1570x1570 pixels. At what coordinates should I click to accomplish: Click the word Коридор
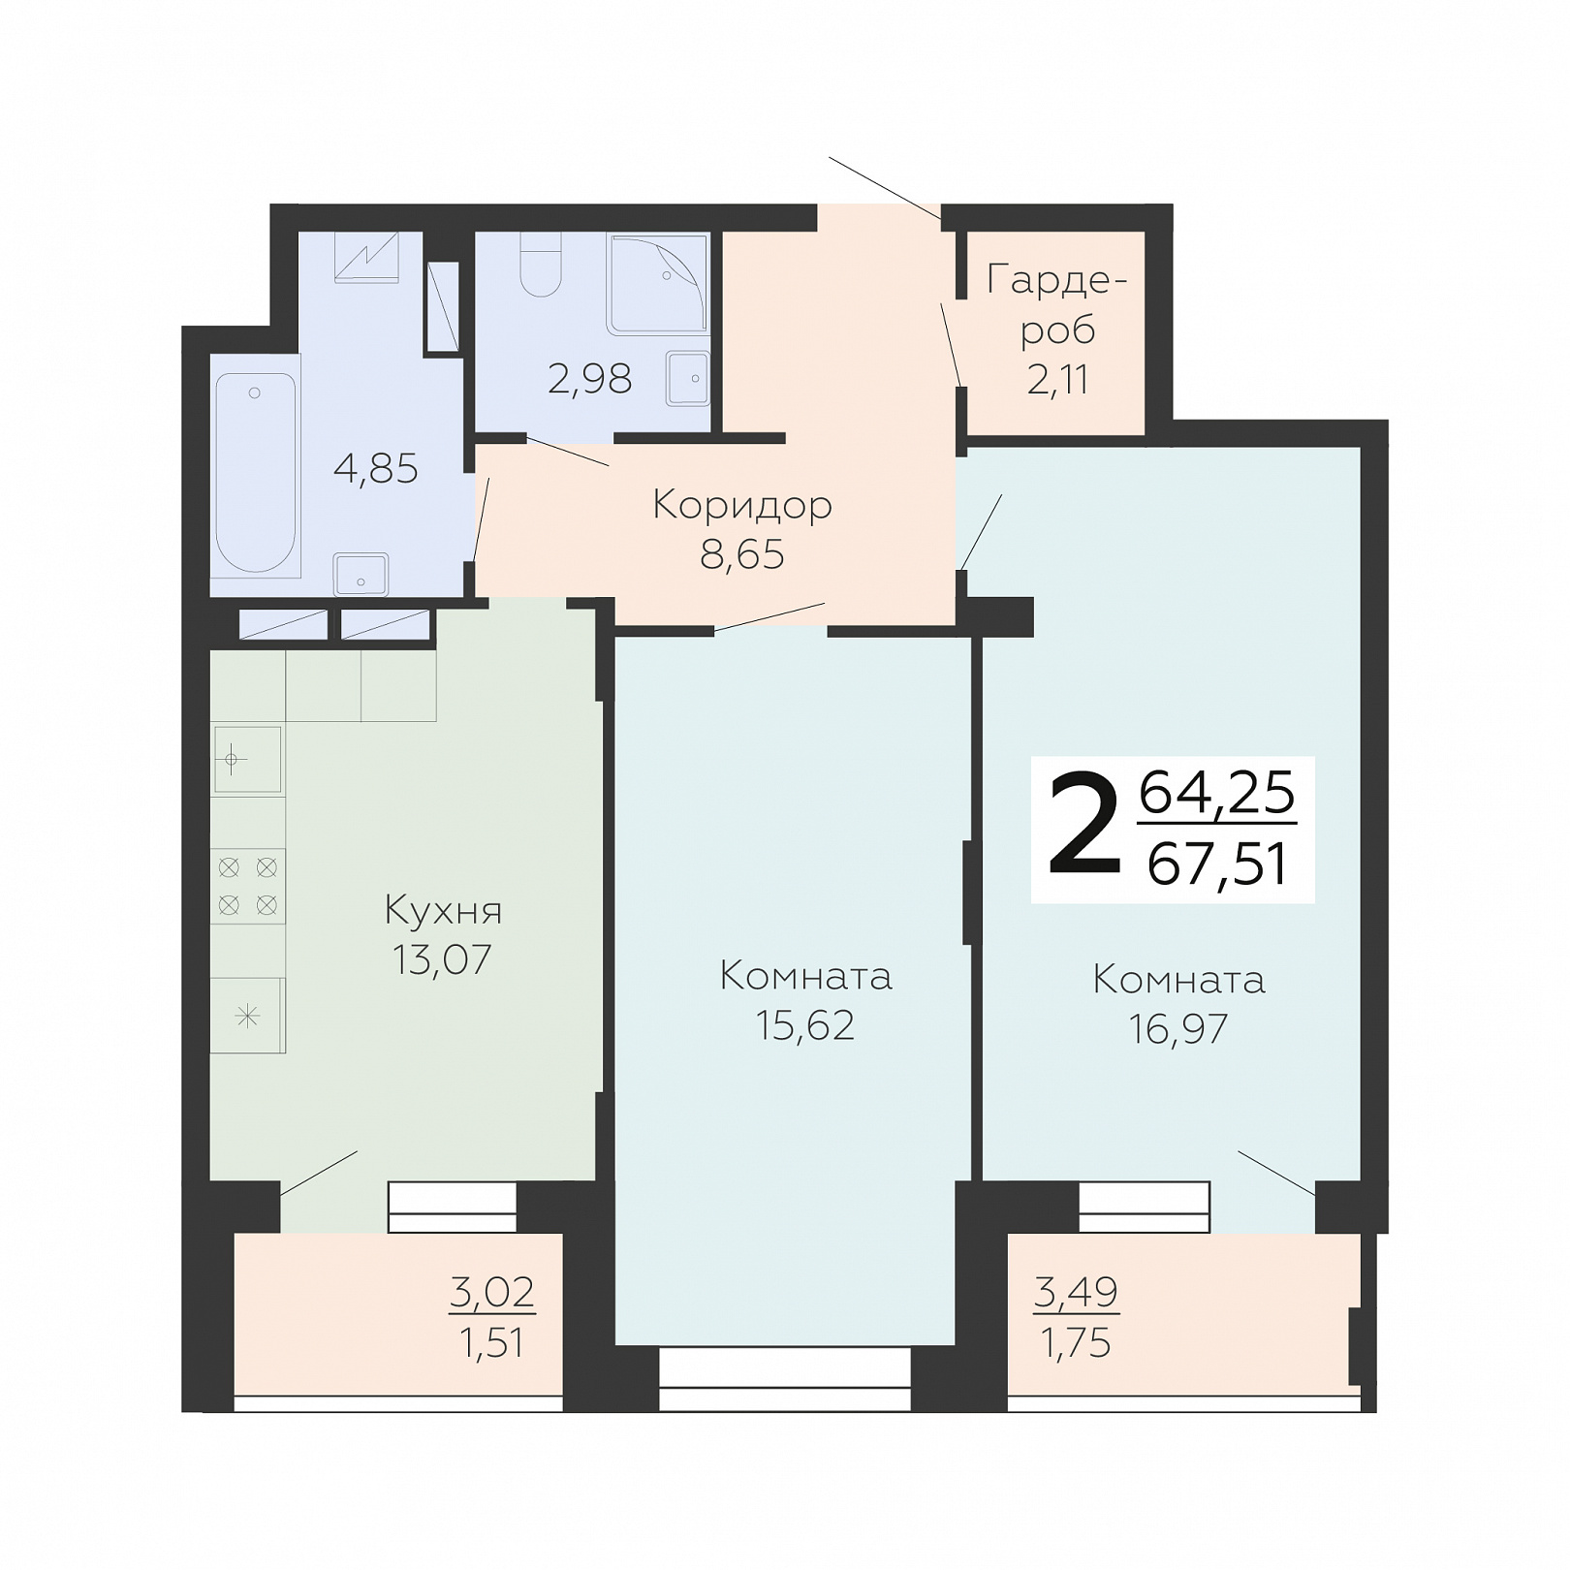(742, 505)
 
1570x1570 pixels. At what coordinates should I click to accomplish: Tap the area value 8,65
(742, 554)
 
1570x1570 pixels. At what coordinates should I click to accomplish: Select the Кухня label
(444, 911)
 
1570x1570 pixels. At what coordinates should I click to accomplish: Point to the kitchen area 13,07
(443, 959)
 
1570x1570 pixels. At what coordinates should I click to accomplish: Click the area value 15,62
(805, 1024)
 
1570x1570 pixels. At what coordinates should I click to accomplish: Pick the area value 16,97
(1178, 1028)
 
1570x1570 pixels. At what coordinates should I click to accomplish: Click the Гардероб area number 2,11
(1057, 379)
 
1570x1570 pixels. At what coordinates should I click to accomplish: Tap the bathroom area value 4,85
(376, 469)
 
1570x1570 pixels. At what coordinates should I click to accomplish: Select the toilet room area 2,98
(590, 379)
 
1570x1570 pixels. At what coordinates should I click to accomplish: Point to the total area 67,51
(1218, 863)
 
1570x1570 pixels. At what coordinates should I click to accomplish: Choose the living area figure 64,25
(1217, 792)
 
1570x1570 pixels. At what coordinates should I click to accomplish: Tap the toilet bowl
(541, 265)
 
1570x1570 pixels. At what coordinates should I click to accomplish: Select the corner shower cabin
(659, 283)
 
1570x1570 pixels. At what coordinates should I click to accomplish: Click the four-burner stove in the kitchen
(248, 886)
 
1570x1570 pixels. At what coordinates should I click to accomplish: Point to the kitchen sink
(247, 760)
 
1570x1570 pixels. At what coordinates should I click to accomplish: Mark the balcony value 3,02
(492, 1291)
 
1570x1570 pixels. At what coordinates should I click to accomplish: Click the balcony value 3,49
(1077, 1291)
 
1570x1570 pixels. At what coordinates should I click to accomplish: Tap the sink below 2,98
(687, 379)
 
